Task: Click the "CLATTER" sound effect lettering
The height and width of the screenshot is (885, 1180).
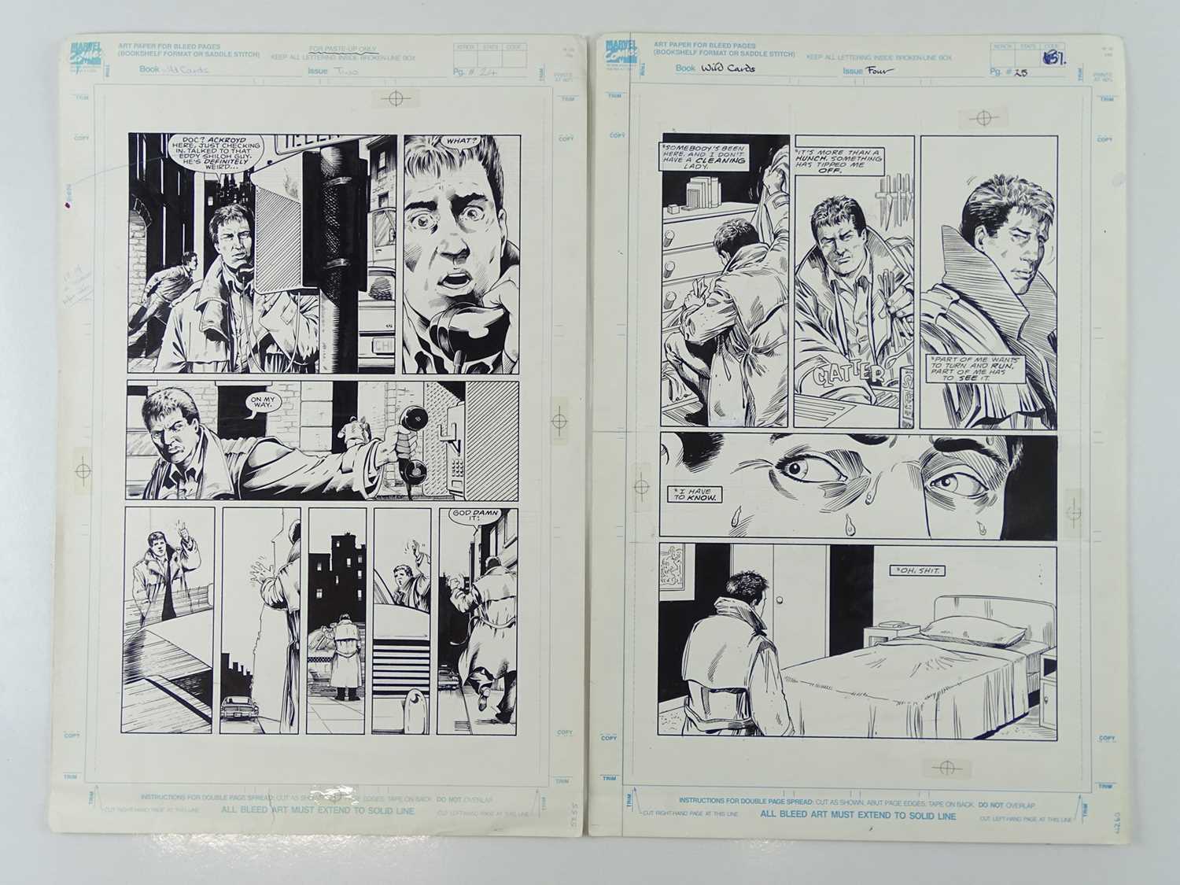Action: (853, 373)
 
